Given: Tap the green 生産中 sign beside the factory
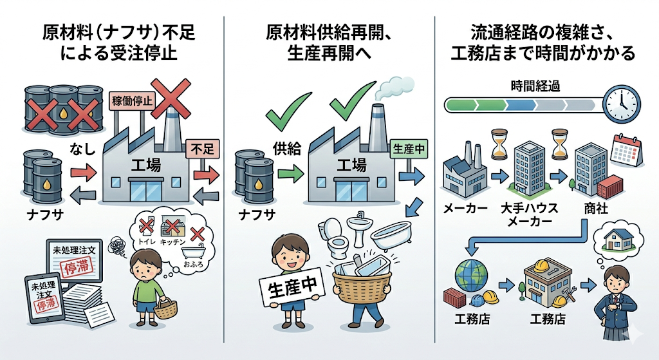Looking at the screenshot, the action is point(409,149).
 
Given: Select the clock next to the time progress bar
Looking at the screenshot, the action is point(622,104).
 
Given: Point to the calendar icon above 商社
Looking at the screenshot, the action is point(626,150).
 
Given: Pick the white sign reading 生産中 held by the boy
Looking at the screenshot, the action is point(292,287).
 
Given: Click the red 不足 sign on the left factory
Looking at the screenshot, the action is point(203,149).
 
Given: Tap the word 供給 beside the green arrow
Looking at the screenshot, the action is point(287,148).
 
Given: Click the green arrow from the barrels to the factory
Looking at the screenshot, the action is point(290,173).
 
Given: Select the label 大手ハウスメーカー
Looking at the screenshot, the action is point(529,214).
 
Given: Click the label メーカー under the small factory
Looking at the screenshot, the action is point(465,208).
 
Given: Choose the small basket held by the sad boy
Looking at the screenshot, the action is point(165,308).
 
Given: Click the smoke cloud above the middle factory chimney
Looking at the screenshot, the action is point(394,87).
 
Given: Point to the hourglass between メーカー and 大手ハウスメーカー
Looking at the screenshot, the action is point(499,144).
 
